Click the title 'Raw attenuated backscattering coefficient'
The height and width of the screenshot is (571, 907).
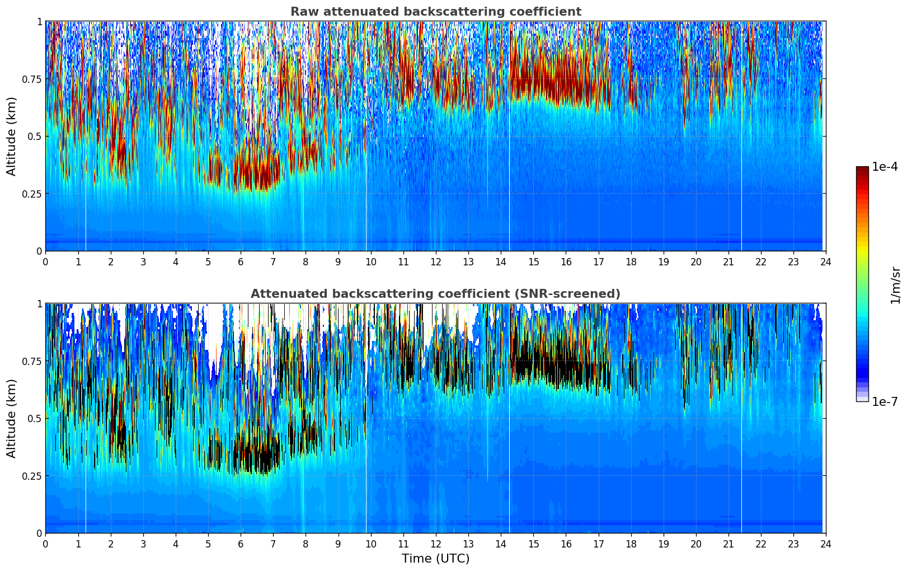pyautogui.click(x=435, y=12)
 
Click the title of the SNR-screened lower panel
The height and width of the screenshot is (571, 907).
pyautogui.click(x=435, y=294)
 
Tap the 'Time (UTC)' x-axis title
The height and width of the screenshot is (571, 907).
pyautogui.click(x=435, y=559)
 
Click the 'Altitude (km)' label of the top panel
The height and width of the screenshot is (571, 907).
pyautogui.click(x=12, y=136)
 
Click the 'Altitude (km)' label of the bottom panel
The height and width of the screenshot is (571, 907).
pyautogui.click(x=12, y=418)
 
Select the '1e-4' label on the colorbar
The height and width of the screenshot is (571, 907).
pyautogui.click(x=885, y=167)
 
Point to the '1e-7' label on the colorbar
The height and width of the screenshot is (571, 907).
pyautogui.click(x=885, y=401)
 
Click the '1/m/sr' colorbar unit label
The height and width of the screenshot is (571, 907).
pyautogui.click(x=895, y=285)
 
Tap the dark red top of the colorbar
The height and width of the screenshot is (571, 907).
pyautogui.click(x=862, y=170)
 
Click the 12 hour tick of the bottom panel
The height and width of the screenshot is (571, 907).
pyautogui.click(x=436, y=544)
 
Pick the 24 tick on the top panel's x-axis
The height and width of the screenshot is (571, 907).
pyautogui.click(x=826, y=261)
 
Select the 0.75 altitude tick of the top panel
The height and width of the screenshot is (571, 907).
pyautogui.click(x=32, y=79)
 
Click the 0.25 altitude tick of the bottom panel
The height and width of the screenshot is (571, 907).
pyautogui.click(x=32, y=476)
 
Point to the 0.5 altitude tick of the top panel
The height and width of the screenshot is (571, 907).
pyautogui.click(x=35, y=136)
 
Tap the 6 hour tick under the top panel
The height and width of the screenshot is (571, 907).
pyautogui.click(x=241, y=261)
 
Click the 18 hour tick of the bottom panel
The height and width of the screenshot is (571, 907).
pyautogui.click(x=631, y=544)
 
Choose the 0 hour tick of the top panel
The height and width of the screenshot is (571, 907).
pyautogui.click(x=45, y=261)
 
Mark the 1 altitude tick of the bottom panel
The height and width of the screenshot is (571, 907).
pyautogui.click(x=39, y=304)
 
